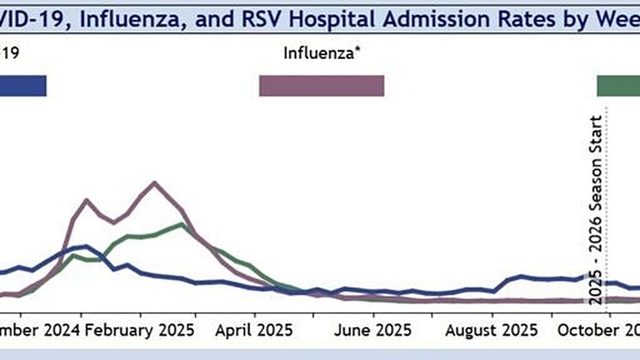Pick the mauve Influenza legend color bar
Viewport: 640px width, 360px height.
(321, 86)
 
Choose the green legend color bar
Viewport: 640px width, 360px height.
(618, 86)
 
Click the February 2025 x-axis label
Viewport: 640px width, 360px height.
(140, 330)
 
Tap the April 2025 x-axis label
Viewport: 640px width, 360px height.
(254, 330)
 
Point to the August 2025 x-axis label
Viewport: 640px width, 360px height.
(491, 330)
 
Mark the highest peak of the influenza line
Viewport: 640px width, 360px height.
(154, 183)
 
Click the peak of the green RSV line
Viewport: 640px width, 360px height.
(182, 225)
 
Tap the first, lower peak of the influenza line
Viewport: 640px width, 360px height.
(87, 200)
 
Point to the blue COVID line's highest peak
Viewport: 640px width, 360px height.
(85, 246)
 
